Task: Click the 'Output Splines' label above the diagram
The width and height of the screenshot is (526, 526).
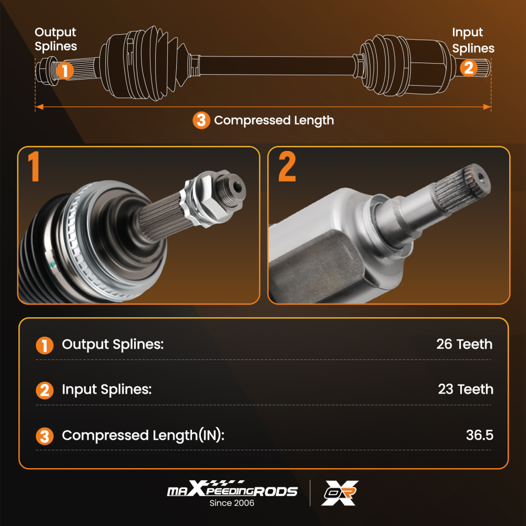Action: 56,39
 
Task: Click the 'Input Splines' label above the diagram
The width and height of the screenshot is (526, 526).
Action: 473,41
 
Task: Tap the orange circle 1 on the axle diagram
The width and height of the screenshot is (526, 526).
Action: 65,70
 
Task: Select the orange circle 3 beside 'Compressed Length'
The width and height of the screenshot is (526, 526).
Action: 200,120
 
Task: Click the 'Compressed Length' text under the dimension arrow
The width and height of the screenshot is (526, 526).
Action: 274,120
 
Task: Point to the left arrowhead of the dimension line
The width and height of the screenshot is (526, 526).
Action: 38,107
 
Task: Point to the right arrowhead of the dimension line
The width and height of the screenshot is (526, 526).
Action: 488,107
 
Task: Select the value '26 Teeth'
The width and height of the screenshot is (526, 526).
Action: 464,345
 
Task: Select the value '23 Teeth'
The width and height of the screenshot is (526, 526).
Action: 466,390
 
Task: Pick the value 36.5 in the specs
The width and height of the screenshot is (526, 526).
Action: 479,436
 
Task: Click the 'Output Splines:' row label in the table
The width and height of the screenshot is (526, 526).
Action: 113,345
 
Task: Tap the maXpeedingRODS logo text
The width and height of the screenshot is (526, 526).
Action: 232,491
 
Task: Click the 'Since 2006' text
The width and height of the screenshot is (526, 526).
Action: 232,503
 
